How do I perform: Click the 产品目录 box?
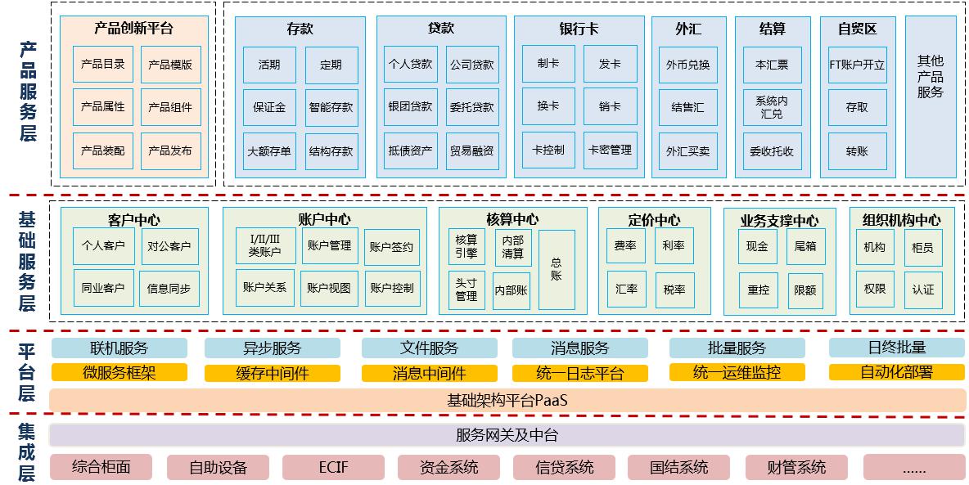click(103, 64)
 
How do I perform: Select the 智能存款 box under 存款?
click(331, 107)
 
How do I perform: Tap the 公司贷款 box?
click(472, 64)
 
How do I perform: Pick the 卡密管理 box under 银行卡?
click(610, 150)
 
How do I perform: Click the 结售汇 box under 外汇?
click(688, 107)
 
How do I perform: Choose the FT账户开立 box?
click(857, 65)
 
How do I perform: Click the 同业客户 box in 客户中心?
click(103, 288)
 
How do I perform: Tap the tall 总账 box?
click(557, 269)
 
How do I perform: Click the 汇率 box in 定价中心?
click(626, 289)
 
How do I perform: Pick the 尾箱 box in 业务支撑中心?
click(805, 246)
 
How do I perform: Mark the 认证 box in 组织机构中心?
click(923, 290)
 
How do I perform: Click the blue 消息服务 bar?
click(579, 348)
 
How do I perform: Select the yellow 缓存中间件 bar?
click(273, 374)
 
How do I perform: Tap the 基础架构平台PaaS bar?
click(507, 401)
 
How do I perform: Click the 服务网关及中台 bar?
click(507, 435)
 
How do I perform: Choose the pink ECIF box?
click(333, 468)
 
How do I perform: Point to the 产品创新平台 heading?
click(134, 29)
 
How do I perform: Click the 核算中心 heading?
click(512, 219)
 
